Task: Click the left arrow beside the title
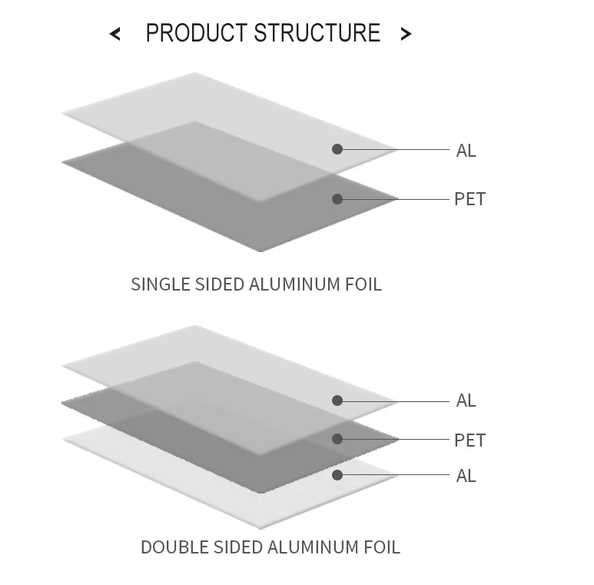coord(115,34)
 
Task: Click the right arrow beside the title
coord(406,34)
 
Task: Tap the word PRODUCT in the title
coord(196,33)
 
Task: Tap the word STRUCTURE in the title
coord(317,33)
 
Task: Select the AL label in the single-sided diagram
coord(466,151)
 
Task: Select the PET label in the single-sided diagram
coord(470,199)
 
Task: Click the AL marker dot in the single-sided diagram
coord(337,149)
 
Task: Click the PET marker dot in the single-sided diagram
coord(337,199)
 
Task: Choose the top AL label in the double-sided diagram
coord(466,401)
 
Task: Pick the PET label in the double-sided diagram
coord(470,440)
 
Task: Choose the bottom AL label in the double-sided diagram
coord(466,476)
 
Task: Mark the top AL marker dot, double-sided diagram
coord(337,401)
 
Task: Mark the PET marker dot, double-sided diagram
coord(337,439)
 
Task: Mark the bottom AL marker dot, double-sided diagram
coord(337,475)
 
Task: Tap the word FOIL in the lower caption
coord(381,547)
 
